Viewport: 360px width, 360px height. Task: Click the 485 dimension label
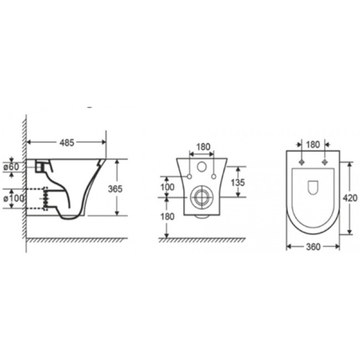67,142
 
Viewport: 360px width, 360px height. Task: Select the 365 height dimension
115,189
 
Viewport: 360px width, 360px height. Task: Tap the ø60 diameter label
11,167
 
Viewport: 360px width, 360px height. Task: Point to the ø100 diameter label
14,198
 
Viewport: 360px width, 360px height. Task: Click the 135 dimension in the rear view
238,183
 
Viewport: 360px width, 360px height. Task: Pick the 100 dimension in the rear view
167,187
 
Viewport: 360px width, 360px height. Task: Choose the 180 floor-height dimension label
168,217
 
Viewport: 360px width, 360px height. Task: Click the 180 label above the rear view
203,147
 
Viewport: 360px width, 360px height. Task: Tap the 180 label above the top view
313,145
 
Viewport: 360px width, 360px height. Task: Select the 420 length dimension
350,198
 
